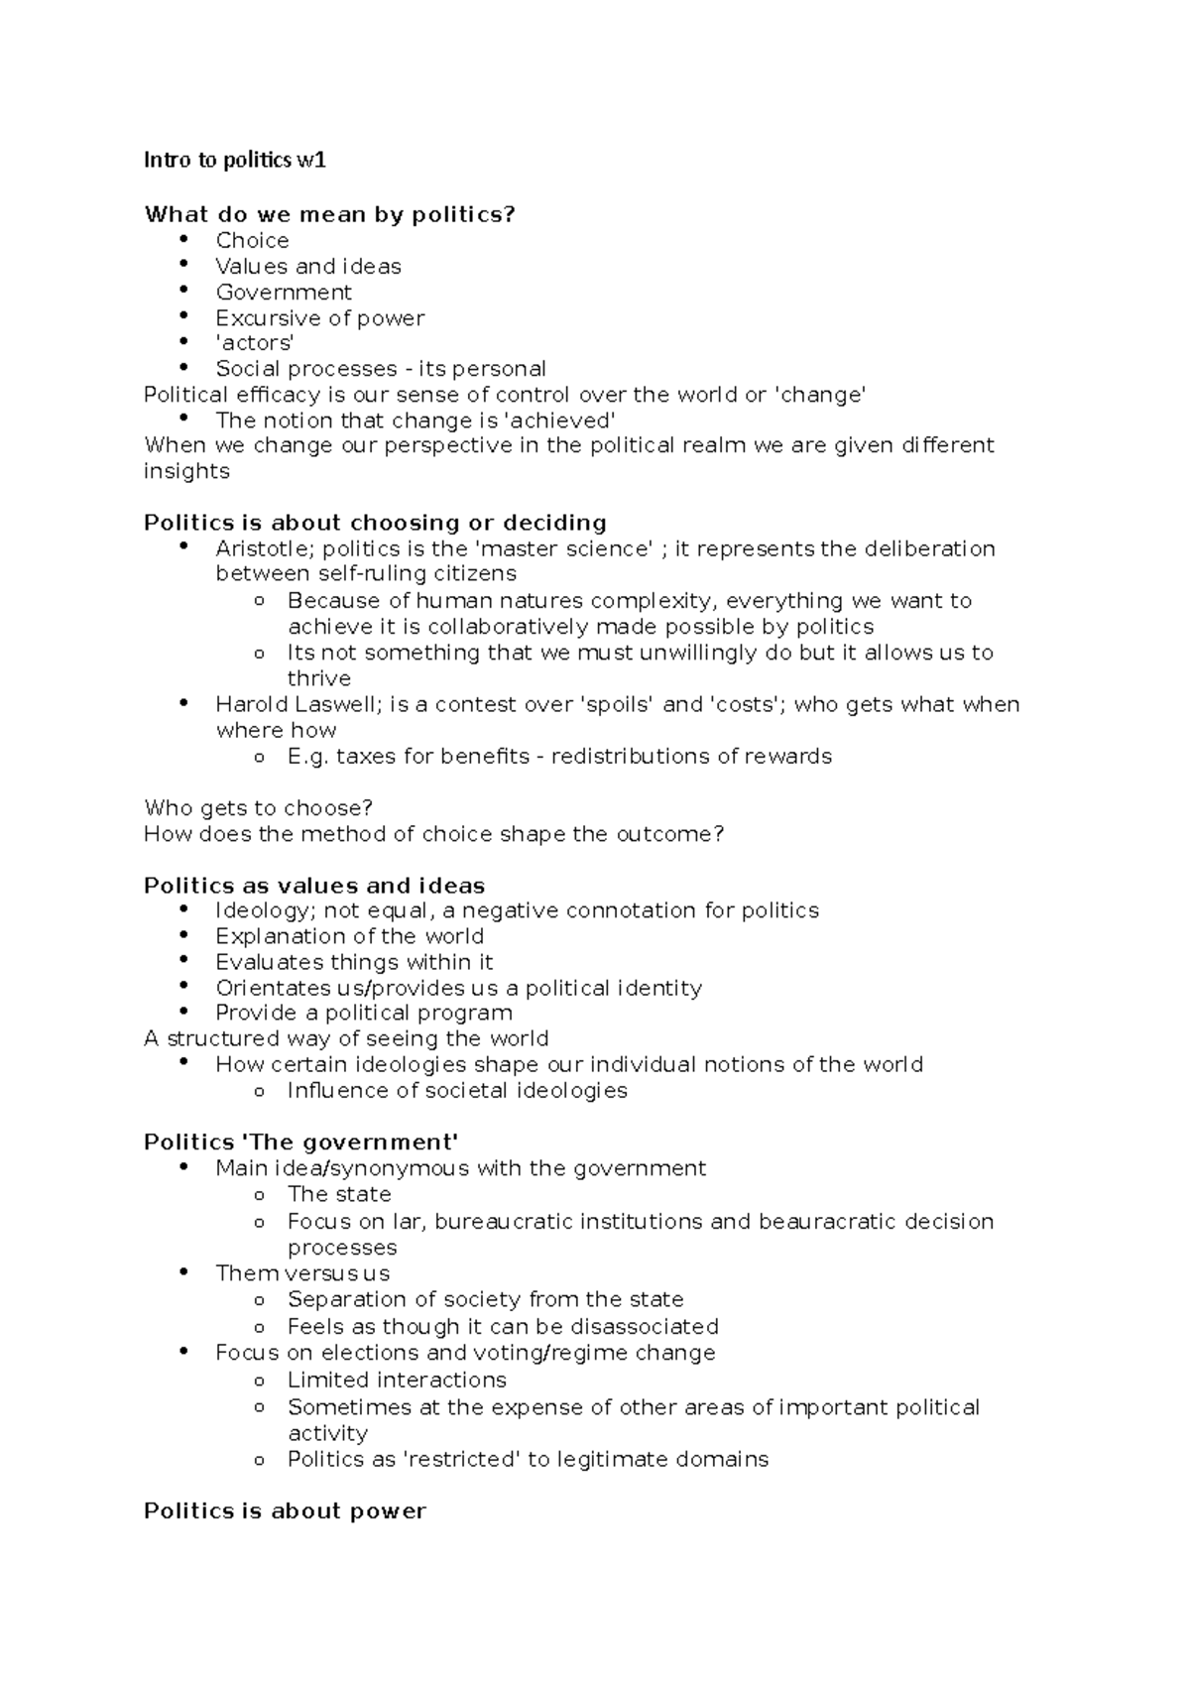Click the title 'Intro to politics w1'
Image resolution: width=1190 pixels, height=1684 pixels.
coord(234,160)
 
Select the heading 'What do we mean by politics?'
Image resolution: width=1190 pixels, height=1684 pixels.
coord(330,214)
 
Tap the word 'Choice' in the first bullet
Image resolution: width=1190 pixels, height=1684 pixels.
coord(252,240)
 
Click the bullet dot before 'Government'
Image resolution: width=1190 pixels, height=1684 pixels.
coord(183,290)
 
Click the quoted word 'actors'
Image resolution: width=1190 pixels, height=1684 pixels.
coord(255,343)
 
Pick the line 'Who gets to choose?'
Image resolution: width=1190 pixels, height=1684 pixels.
coord(258,807)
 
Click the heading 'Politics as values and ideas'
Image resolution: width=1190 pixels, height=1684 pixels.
coord(314,885)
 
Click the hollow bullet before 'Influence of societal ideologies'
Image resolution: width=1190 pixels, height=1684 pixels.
coord(259,1091)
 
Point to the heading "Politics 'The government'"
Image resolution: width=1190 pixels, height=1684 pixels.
coord(301,1142)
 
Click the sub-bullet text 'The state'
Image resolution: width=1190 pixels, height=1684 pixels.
coord(339,1194)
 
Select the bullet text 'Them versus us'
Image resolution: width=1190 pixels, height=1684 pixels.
coord(302,1273)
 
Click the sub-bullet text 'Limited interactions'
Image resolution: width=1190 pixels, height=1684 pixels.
coord(397,1380)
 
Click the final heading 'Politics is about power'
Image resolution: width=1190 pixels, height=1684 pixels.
coord(285,1511)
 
